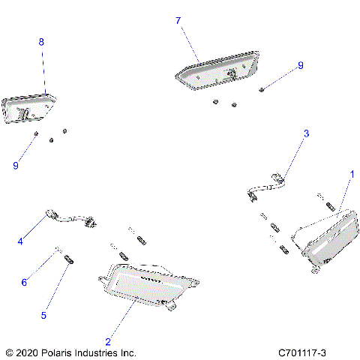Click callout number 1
coord(352,173)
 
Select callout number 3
coord(306,133)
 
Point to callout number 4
coord(21,241)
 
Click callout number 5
coord(43,316)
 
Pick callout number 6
coord(24,283)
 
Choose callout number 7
coord(178,21)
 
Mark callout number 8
coord(41,43)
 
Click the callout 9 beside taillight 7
coord(300,66)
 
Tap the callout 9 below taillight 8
coord(16,166)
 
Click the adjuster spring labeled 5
coord(68,259)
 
